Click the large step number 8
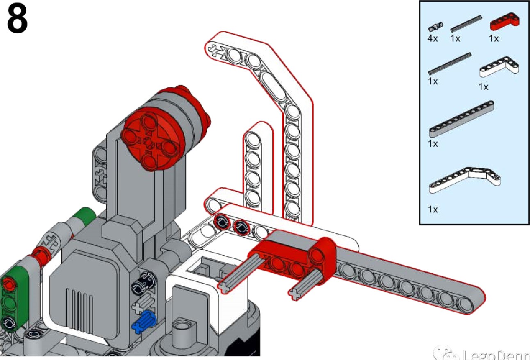click(x=17, y=19)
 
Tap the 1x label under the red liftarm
click(x=493, y=39)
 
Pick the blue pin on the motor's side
click(x=143, y=321)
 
